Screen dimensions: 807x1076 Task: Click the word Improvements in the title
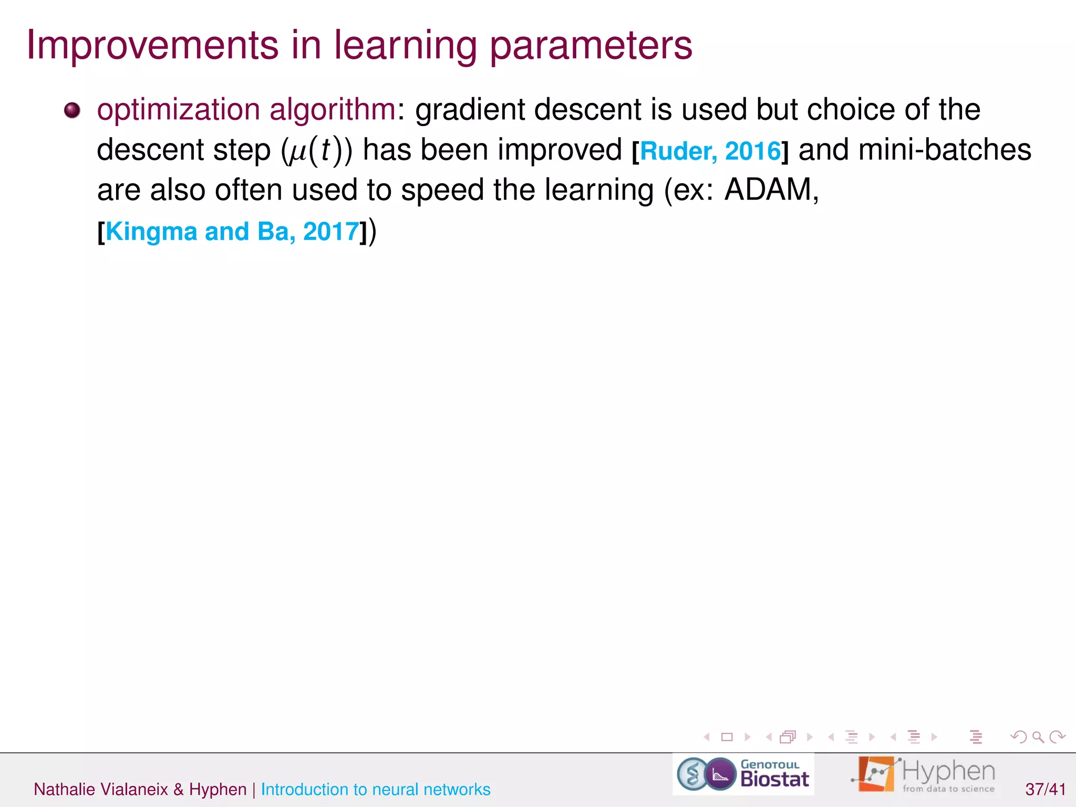pos(152,45)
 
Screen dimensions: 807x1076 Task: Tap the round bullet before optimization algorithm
pos(72,110)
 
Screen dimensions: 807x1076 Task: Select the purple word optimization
pos(179,110)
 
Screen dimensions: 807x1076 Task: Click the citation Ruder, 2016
pos(710,151)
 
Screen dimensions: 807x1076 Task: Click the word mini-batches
pos(944,150)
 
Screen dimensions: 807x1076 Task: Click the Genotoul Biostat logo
pos(743,774)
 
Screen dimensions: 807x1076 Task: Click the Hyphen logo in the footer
pos(924,774)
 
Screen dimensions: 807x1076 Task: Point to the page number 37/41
pos(1045,789)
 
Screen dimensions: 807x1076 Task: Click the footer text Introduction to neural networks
pos(375,789)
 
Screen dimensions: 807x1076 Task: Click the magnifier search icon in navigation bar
pos(1037,737)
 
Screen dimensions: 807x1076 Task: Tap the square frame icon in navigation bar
pos(727,737)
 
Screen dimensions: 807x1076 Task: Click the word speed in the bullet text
pos(442,190)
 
